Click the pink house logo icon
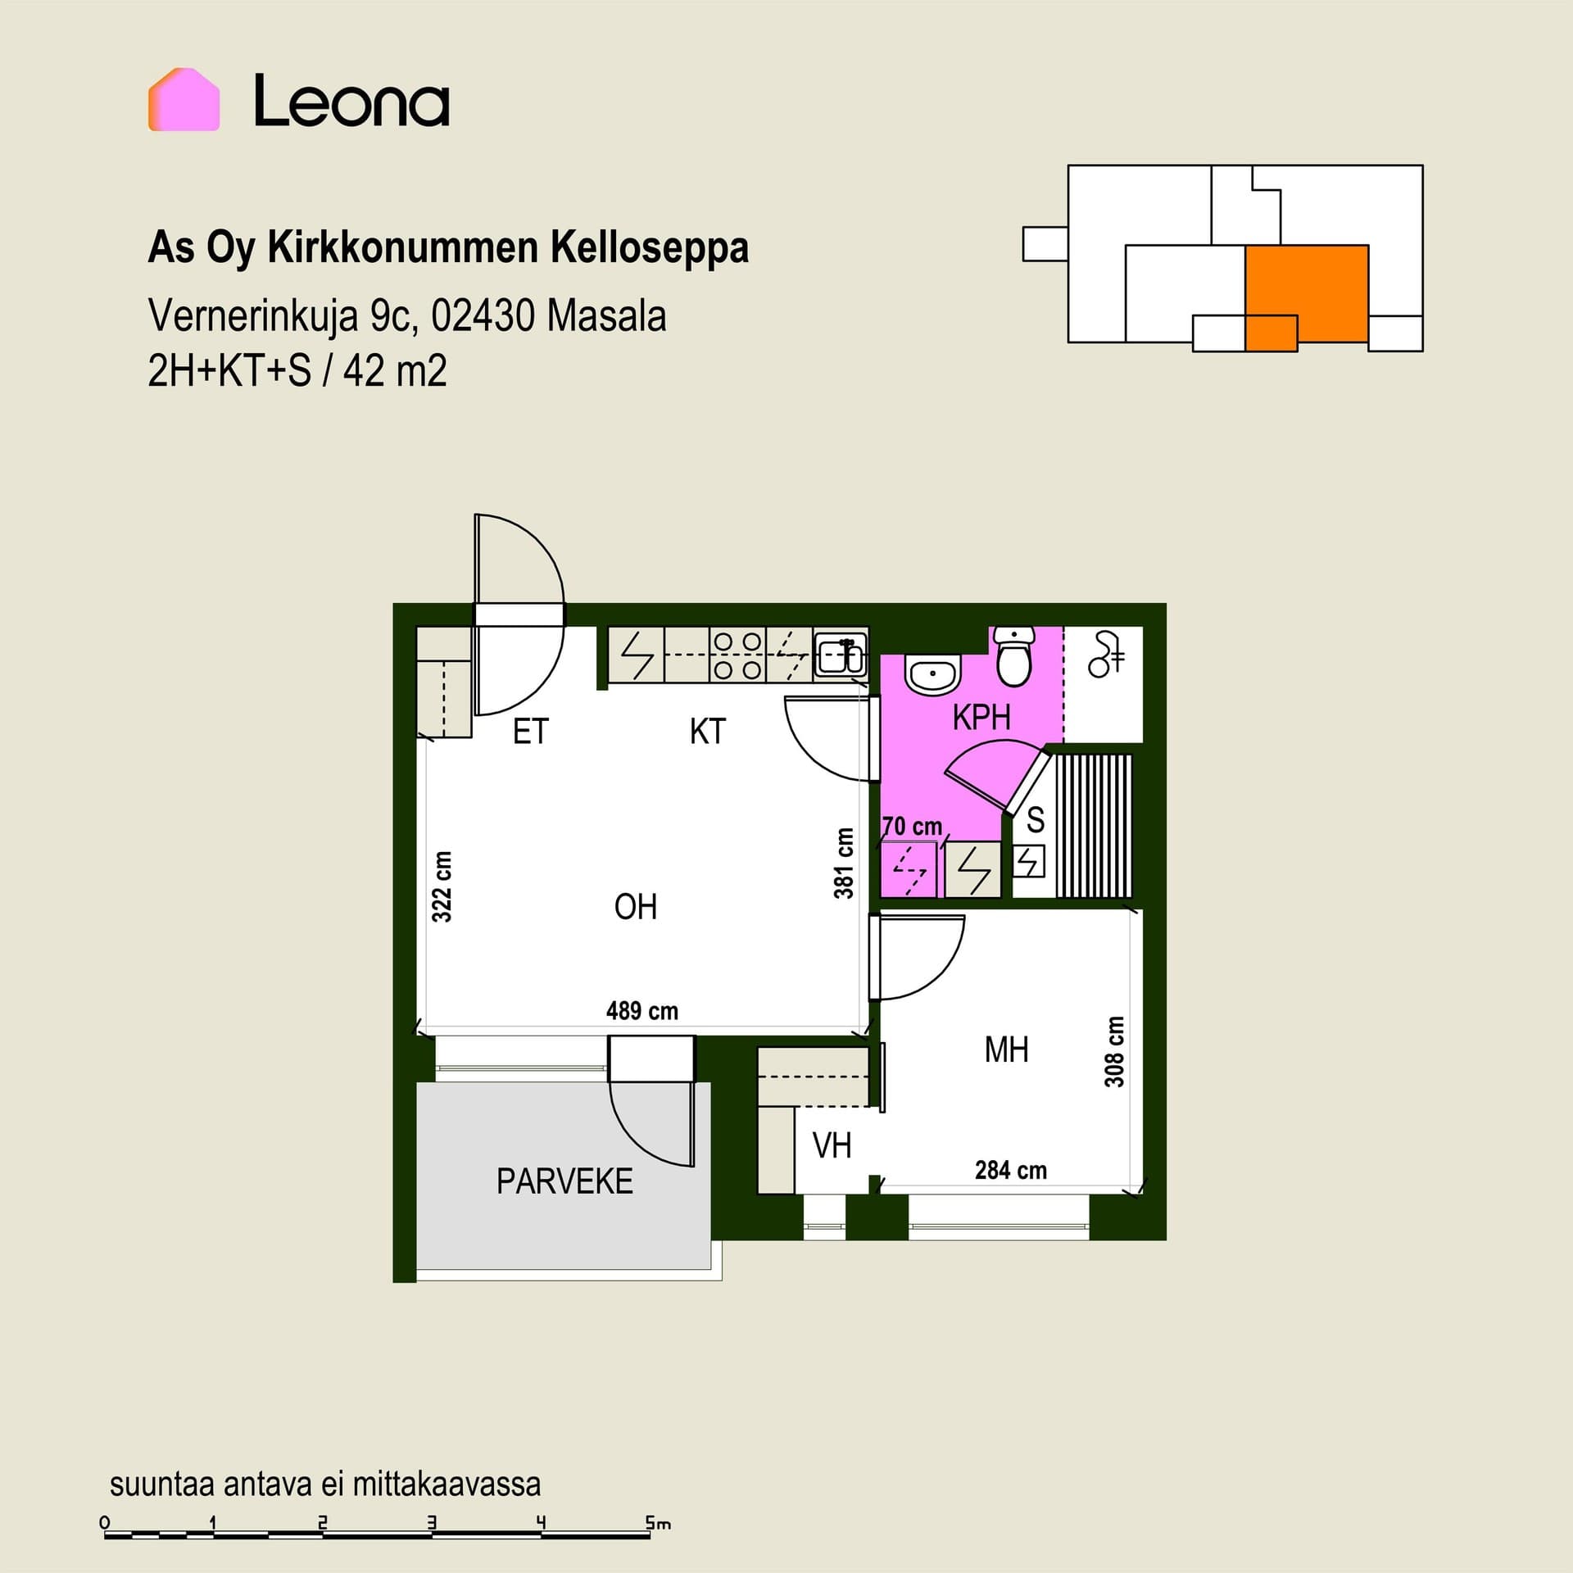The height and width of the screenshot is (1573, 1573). point(184,99)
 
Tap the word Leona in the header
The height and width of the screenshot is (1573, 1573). point(351,101)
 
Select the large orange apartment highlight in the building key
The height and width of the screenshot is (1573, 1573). point(1307,293)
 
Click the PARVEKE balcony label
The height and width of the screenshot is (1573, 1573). point(564,1181)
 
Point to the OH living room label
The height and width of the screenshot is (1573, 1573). point(636,907)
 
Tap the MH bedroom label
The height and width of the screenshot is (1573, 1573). point(1006,1049)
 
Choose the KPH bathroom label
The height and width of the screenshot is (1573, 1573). point(981,717)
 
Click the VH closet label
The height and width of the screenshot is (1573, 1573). point(832,1145)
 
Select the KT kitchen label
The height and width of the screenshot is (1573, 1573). point(708,732)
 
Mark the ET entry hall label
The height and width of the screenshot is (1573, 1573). point(530,732)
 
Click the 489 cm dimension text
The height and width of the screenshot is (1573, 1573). point(642,1011)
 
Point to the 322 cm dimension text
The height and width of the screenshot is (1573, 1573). point(442,886)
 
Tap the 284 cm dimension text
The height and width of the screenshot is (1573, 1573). point(1011,1170)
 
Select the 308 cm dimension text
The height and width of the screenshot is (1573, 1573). point(1114,1052)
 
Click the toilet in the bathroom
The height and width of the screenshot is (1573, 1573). point(1014,657)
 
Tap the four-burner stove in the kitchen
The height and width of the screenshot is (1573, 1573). point(738,655)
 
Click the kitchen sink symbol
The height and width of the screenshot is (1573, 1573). point(840,655)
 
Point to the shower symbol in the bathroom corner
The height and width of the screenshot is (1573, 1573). point(1106,655)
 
